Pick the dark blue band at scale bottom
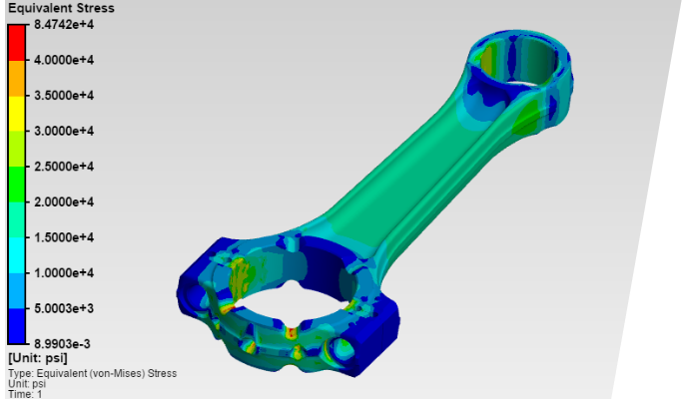[x=17, y=325]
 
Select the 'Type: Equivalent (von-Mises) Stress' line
[x=92, y=373]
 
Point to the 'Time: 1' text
[x=26, y=394]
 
